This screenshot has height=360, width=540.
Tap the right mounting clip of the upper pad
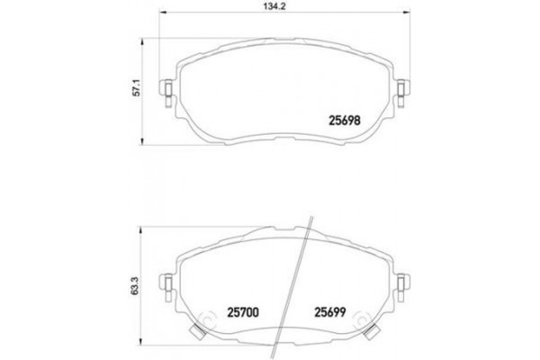coord(401,91)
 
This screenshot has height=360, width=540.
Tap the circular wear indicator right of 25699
coord(361,321)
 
